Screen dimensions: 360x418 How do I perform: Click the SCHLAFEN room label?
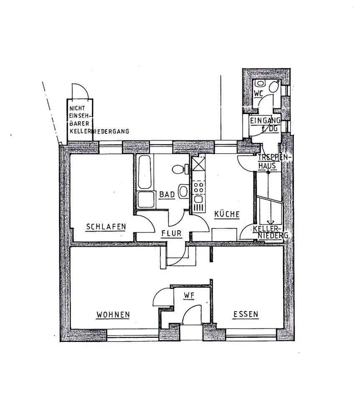(106, 227)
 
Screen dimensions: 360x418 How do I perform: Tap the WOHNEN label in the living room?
(113, 314)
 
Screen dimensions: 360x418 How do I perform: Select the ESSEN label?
(246, 314)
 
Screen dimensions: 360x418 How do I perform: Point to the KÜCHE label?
(227, 214)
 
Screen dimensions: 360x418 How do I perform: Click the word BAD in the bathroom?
(167, 194)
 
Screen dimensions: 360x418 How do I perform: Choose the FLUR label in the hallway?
(172, 234)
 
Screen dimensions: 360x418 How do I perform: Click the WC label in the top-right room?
(259, 94)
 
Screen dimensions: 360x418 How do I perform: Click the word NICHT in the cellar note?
(78, 108)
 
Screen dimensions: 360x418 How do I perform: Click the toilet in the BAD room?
(179, 170)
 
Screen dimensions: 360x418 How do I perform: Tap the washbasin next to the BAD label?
(183, 191)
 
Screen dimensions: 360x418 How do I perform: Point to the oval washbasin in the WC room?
(274, 87)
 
